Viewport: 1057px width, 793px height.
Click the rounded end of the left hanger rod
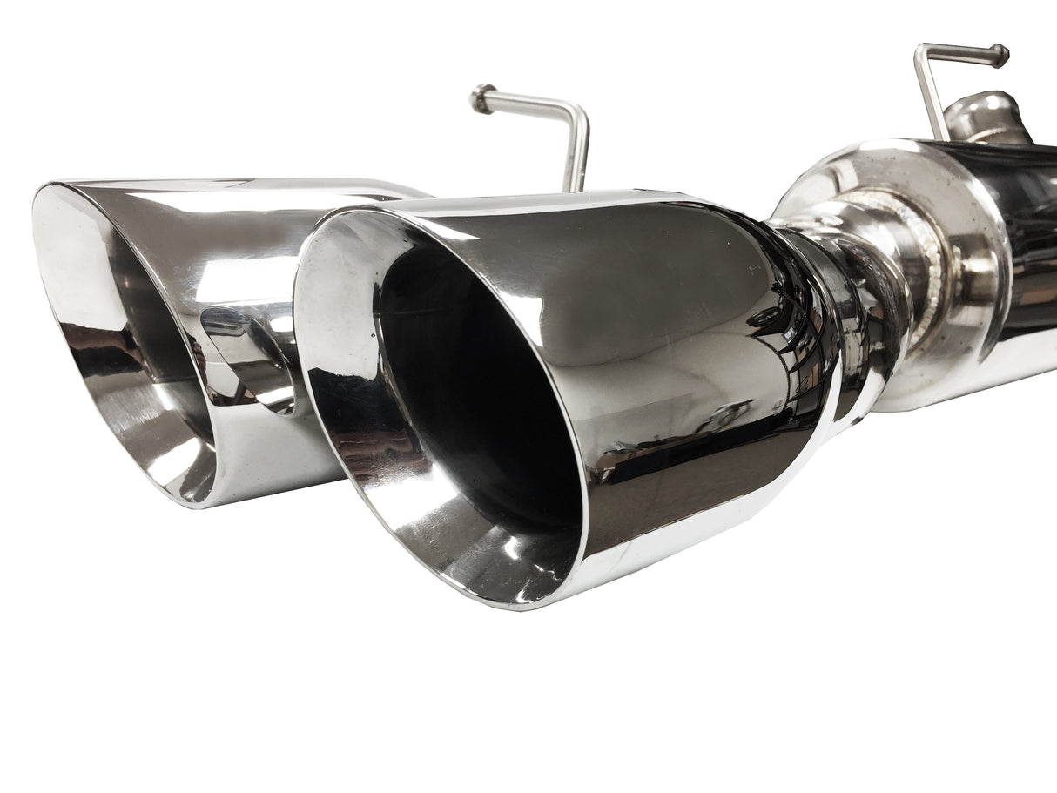pyautogui.click(x=478, y=98)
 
